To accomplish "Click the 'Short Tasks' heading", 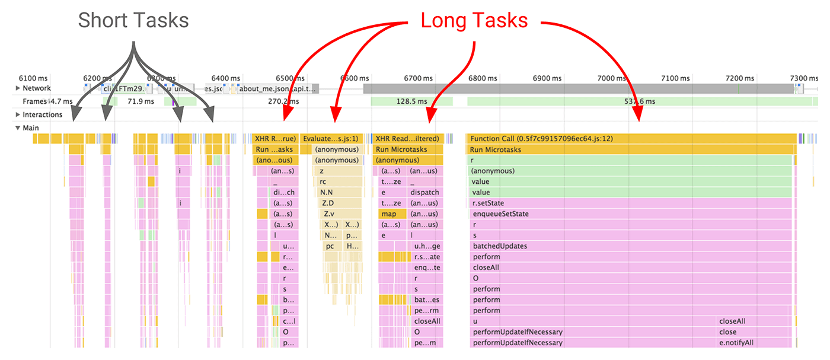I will pyautogui.click(x=133, y=21).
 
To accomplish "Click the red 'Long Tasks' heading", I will pyautogui.click(x=474, y=21).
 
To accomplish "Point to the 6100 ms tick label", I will pyautogui.click(x=33, y=78).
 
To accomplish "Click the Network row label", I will pyautogui.click(x=37, y=88).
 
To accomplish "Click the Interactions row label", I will pyautogui.click(x=42, y=114).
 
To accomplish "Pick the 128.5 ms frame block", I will pyautogui.click(x=411, y=101).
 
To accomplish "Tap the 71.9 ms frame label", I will pyautogui.click(x=141, y=101).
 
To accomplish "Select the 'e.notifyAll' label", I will pyautogui.click(x=736, y=342).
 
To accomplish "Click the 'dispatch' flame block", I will pyautogui.click(x=425, y=192).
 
